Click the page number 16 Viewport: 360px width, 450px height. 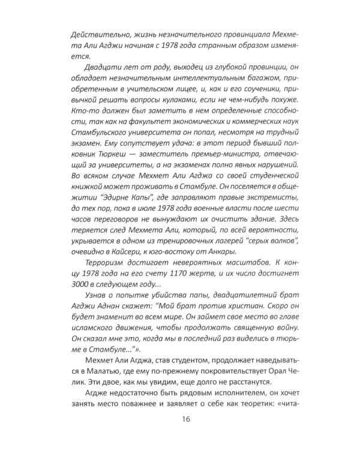(x=180, y=420)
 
